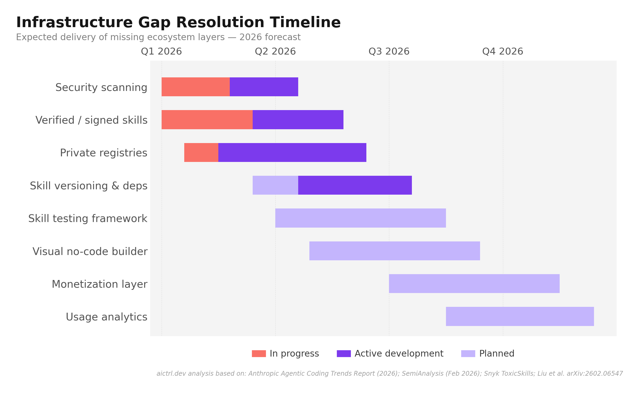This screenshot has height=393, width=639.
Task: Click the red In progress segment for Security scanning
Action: pyautogui.click(x=195, y=87)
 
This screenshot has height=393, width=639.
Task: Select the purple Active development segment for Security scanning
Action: pyautogui.click(x=264, y=87)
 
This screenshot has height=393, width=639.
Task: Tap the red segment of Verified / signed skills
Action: pyautogui.click(x=207, y=120)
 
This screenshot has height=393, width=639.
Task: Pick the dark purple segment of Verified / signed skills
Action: pyautogui.click(x=298, y=120)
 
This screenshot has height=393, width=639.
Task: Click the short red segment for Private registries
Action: pyautogui.click(x=201, y=153)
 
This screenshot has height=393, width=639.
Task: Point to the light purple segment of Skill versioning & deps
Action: pyautogui.click(x=275, y=185)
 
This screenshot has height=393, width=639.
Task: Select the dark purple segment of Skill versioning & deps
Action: pyautogui.click(x=355, y=185)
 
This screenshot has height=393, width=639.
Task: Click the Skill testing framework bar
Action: pyautogui.click(x=361, y=218)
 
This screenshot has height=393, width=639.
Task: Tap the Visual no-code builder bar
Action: pyautogui.click(x=395, y=251)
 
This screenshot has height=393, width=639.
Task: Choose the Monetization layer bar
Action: pyautogui.click(x=474, y=284)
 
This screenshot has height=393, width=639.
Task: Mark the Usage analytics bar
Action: pyautogui.click(x=520, y=316)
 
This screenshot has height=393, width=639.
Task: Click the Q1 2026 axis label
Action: pyautogui.click(x=161, y=52)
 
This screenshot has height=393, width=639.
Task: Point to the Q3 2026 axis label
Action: pyautogui.click(x=389, y=52)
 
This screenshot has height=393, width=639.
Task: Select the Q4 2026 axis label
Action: pyautogui.click(x=503, y=52)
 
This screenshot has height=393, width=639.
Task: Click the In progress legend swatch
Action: pyautogui.click(x=259, y=354)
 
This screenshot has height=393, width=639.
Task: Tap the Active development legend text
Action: pyautogui.click(x=399, y=354)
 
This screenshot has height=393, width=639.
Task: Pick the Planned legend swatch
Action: pyautogui.click(x=468, y=354)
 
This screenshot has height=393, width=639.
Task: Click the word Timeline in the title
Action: pyautogui.click(x=305, y=22)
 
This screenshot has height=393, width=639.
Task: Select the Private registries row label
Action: pyautogui.click(x=104, y=153)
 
